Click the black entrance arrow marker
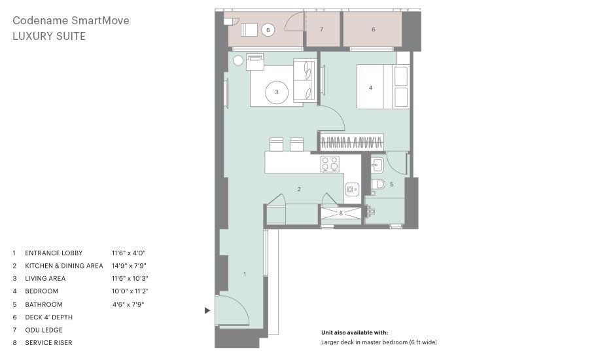point(207,310)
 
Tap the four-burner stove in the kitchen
point(330,164)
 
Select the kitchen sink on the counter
point(353,189)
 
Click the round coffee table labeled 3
point(277,92)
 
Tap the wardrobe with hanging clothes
point(351,143)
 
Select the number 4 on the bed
point(370,88)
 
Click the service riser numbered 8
point(341,213)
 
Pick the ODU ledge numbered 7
point(322,29)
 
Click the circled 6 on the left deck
point(268,30)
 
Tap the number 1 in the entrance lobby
point(245,274)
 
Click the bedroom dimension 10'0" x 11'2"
point(130,291)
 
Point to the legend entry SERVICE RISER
point(48,342)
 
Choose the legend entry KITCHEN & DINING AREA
point(64,266)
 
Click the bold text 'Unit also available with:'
point(355,333)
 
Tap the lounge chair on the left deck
point(249,29)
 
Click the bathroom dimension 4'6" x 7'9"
point(128,304)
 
